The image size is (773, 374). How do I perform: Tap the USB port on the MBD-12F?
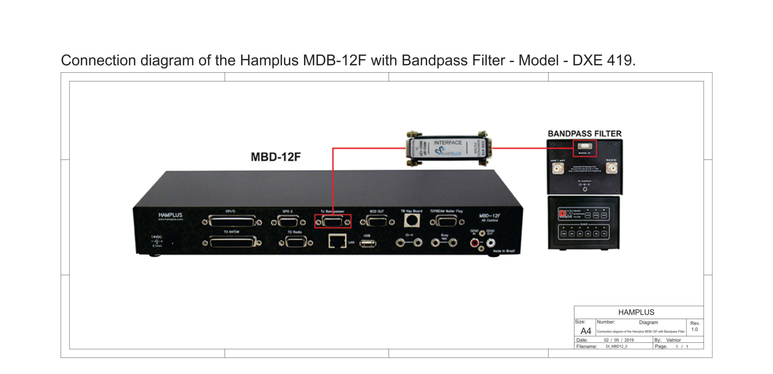367,243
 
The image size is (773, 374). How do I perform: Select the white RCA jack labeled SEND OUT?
491,242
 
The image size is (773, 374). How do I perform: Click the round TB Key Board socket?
412,220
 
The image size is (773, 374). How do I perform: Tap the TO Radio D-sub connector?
296,242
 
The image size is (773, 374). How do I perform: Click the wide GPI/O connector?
232,222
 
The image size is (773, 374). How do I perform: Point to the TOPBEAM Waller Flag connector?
447,222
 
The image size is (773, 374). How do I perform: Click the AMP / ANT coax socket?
558,168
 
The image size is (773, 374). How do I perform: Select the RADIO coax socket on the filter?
612,168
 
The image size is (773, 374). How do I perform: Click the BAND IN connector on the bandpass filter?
585,147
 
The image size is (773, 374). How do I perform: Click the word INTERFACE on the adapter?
447,143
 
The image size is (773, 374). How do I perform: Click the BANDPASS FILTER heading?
585,134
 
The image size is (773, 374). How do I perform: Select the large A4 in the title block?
586,331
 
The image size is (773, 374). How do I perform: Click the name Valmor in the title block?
673,340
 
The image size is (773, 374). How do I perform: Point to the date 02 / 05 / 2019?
619,340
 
